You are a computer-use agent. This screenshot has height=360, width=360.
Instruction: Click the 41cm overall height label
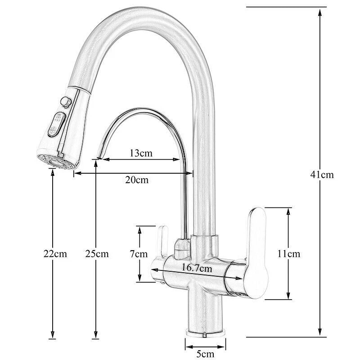[322, 175]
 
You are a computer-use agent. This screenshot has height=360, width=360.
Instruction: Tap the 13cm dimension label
[141, 153]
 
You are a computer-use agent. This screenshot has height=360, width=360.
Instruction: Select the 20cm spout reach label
[137, 180]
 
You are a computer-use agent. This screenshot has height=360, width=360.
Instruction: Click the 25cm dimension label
[97, 254]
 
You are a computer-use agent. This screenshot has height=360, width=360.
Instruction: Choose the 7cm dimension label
[139, 254]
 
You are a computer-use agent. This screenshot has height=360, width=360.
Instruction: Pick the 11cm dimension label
[288, 254]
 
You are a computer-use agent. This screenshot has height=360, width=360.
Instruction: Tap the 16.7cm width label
[196, 269]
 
